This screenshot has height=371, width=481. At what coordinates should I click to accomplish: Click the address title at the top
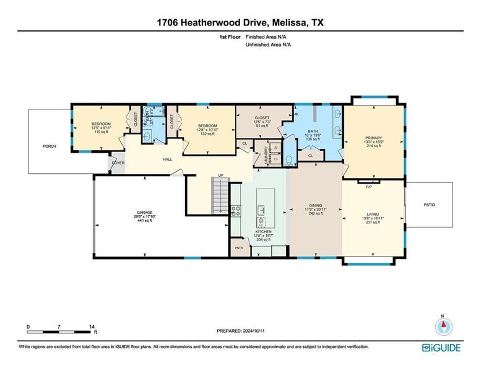coord(240,23)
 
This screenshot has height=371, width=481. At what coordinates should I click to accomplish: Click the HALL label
coord(167,160)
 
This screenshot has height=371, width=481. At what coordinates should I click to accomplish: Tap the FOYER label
coord(118,163)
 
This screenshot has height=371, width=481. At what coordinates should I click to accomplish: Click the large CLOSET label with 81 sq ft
coord(263,122)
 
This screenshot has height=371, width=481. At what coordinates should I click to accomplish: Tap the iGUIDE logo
coord(441,348)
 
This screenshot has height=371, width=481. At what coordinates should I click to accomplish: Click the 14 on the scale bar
coord(92,326)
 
